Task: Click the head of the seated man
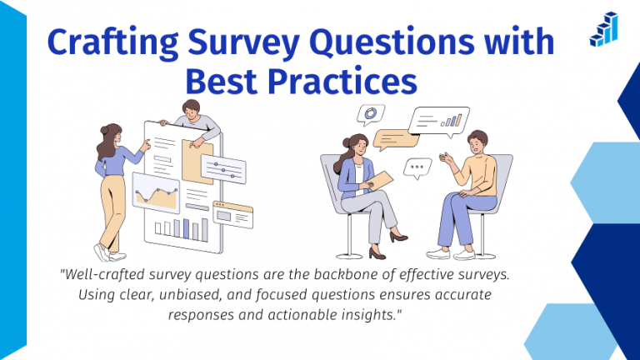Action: tap(477, 142)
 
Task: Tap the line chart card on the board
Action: tap(157, 193)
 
